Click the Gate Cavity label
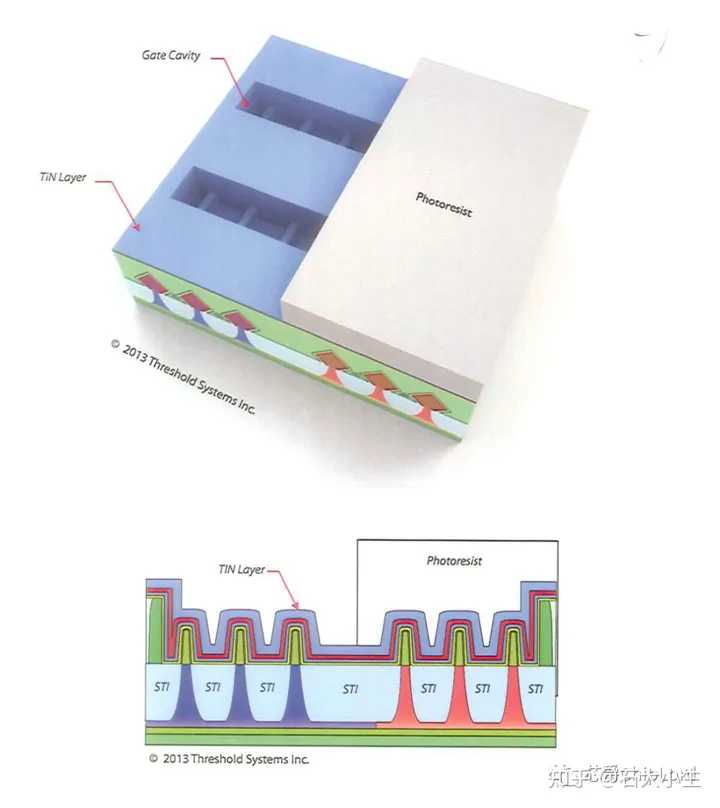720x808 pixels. click(171, 55)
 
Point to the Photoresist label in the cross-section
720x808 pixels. click(454, 561)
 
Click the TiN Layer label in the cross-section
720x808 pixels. click(242, 569)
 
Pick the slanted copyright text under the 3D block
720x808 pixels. click(182, 378)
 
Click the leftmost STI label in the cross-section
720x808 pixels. click(160, 688)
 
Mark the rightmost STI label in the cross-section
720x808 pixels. click(536, 688)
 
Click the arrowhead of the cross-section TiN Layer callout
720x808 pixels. click(298, 607)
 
